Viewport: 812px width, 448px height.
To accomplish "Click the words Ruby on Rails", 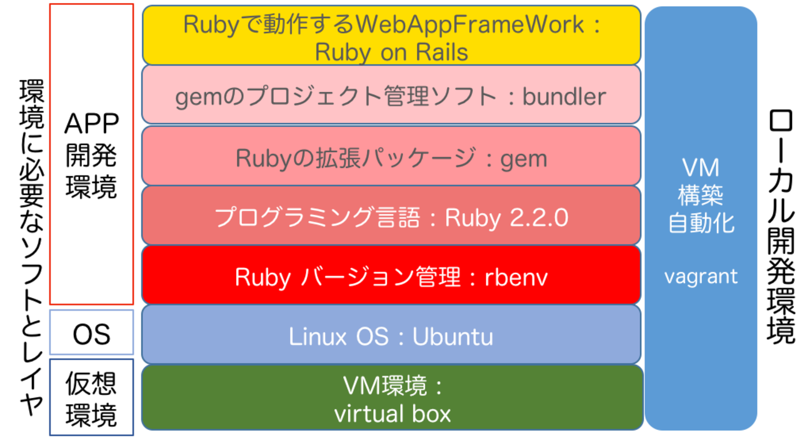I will tap(391, 52).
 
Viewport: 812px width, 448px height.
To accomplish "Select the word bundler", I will tap(564, 97).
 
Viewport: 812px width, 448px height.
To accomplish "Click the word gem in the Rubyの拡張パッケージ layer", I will tap(524, 159).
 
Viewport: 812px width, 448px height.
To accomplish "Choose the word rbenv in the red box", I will tap(516, 277).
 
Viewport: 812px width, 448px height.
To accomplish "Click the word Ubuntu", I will tap(453, 337).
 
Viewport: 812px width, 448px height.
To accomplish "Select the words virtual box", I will tap(392, 414).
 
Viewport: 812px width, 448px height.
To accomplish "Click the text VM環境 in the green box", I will tap(386, 387).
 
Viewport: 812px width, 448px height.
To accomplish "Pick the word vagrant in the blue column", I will tap(701, 276).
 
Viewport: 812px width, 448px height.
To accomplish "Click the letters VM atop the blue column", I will tap(701, 167).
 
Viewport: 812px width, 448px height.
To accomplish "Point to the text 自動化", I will tap(701, 223).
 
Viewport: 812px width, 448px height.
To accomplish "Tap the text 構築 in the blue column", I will tap(701, 196).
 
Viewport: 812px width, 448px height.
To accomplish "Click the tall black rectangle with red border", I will tap(91, 154).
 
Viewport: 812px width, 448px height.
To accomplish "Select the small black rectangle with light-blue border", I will tap(91, 332).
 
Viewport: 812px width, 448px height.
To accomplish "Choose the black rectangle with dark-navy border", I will tap(91, 397).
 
